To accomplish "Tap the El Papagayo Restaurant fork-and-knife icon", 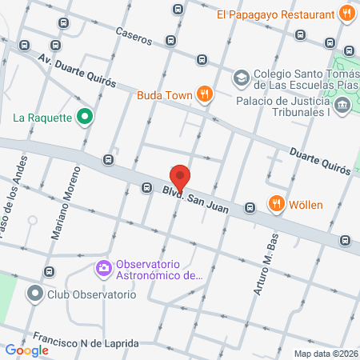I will point(346,13).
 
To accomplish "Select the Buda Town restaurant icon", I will point(206,95).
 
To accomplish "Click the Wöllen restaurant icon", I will point(276,204).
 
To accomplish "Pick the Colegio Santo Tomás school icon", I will point(240,78).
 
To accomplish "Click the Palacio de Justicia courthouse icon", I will point(342,105).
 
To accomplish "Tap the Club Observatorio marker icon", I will point(34,294).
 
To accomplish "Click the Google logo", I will point(26,350).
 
